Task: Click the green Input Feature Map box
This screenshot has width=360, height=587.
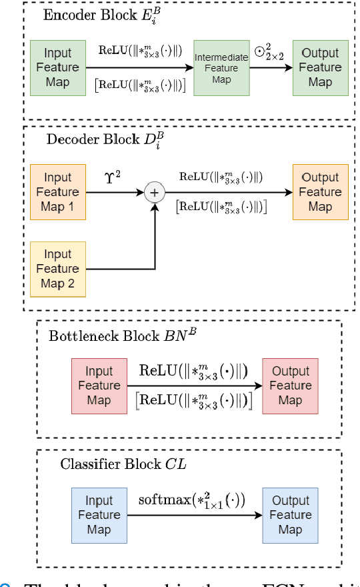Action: coord(58,68)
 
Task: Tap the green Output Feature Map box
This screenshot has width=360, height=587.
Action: coord(320,68)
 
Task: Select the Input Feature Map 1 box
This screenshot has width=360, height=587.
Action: coord(58,192)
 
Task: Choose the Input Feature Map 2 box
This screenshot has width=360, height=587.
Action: coord(58,269)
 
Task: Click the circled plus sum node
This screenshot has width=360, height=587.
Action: coord(155,192)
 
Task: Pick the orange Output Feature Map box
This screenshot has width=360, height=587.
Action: coord(320,192)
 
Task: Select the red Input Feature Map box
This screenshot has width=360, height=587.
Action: coord(99,386)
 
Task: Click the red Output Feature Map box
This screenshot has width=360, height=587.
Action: coord(290,386)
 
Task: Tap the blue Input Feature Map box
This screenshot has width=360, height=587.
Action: coord(99,515)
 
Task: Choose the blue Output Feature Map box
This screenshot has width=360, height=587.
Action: coord(290,515)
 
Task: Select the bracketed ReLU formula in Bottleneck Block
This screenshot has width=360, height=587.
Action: coord(194,401)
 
